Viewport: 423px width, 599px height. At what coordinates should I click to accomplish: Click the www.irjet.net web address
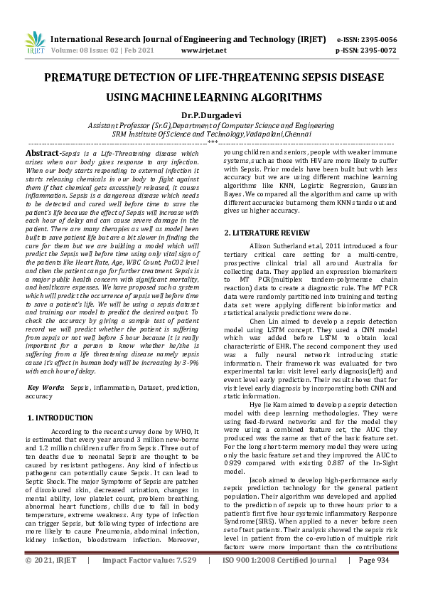point(204,51)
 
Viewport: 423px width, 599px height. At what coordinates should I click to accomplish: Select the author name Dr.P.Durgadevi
point(211,115)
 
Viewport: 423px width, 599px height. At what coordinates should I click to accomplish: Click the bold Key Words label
point(44,387)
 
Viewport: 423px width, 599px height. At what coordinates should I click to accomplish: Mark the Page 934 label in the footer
point(374,581)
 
